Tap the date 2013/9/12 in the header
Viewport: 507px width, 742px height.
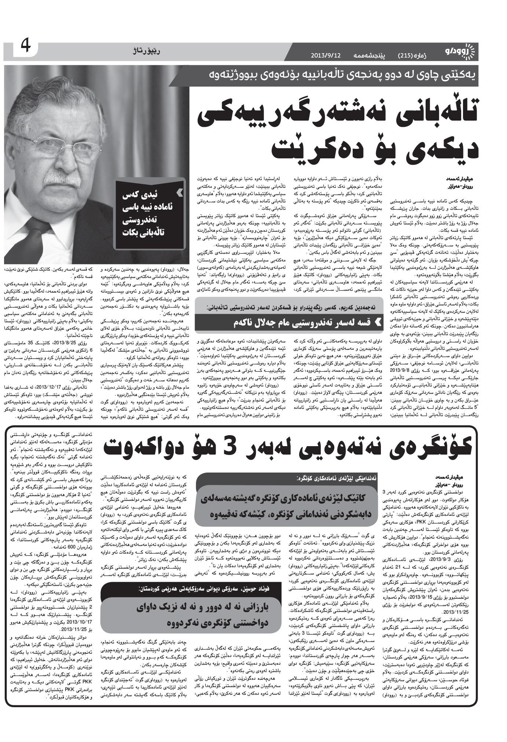coord(326,55)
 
